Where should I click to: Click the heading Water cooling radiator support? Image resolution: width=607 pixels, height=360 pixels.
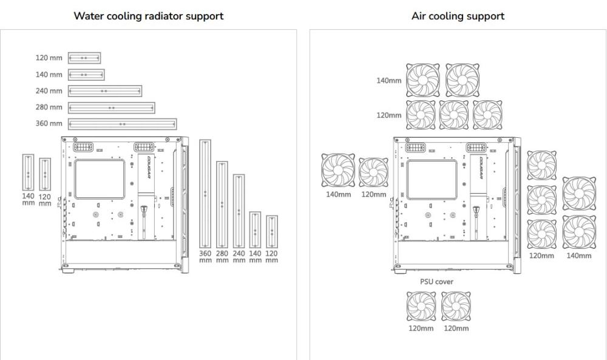[x=148, y=16]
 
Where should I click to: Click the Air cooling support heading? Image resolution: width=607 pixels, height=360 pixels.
[x=458, y=16]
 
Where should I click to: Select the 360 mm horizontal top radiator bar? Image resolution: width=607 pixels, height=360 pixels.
[x=122, y=124]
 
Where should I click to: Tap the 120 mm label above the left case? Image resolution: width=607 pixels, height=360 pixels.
[x=49, y=58]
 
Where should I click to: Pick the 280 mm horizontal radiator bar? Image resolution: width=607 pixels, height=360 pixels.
[x=111, y=107]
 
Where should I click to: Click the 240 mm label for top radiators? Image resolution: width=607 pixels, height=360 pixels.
[x=49, y=91]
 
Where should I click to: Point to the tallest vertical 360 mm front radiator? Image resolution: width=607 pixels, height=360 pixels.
[x=205, y=192]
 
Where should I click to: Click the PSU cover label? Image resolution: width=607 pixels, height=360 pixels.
[x=436, y=282]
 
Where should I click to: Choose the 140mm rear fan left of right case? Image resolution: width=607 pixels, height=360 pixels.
[x=337, y=171]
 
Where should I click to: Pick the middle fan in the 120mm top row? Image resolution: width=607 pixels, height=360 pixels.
[x=454, y=115]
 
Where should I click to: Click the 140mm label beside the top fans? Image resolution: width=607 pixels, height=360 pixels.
[x=389, y=81]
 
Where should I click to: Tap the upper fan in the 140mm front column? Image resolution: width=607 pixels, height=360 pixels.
[x=579, y=192]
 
